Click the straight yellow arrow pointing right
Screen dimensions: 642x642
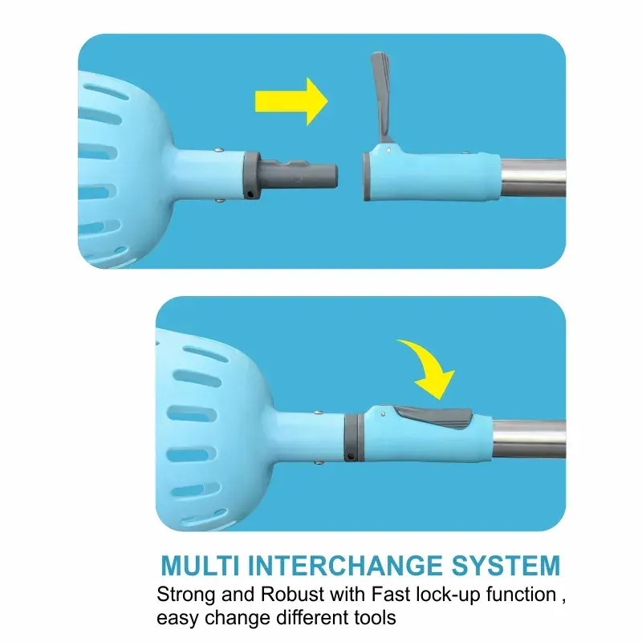(291, 102)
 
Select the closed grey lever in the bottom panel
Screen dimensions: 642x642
(433, 416)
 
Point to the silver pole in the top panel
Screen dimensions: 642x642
(534, 177)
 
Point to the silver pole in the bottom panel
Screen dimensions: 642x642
(529, 438)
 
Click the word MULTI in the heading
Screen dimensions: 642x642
(200, 566)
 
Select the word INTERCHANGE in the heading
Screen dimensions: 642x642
(345, 566)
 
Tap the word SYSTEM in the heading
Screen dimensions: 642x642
(506, 566)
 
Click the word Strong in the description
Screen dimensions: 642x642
(186, 594)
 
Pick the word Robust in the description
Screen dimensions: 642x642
(293, 594)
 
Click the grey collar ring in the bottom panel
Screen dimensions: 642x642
(353, 437)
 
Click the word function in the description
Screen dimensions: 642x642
(521, 594)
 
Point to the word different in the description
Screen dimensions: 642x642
(311, 617)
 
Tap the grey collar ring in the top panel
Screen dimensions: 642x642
(251, 176)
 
